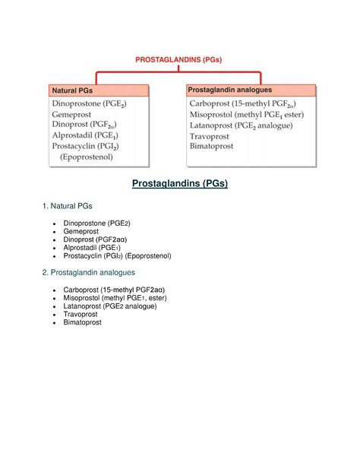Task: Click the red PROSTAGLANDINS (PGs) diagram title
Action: coord(180,59)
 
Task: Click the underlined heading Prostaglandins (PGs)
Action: coord(180,184)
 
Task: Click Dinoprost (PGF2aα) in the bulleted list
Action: coord(101,239)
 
